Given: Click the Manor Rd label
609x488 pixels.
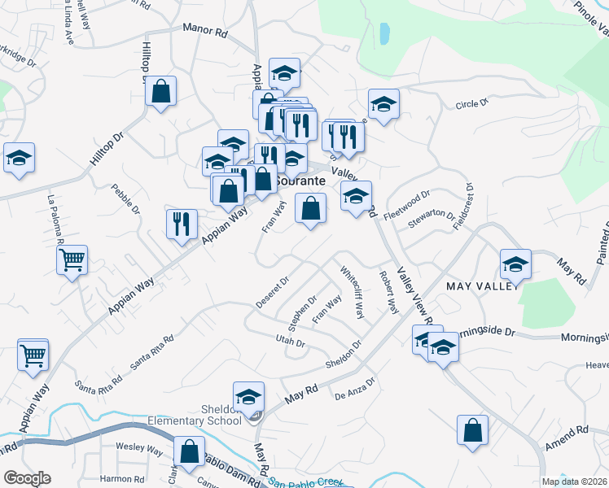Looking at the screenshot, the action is pos(204,32).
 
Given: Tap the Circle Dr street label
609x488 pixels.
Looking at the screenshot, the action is pos(471,104).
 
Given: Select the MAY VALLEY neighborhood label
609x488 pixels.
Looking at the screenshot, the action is pos(481,286).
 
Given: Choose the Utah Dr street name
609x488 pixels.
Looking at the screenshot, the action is pos(290,342).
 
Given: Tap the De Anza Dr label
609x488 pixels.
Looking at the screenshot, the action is pos(355,389).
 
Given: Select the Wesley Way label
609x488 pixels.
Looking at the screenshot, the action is pos(139,447).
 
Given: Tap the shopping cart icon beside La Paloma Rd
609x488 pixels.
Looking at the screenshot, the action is pos(72,261).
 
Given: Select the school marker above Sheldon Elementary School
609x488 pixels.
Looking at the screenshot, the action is pos(249,396).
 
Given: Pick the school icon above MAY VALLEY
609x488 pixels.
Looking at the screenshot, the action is pos(515,264).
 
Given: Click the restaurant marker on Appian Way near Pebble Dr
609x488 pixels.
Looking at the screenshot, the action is pos(182,223).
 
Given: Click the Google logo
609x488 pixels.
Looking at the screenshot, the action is pos(28,478).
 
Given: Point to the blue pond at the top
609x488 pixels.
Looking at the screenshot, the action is pos(383,33).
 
